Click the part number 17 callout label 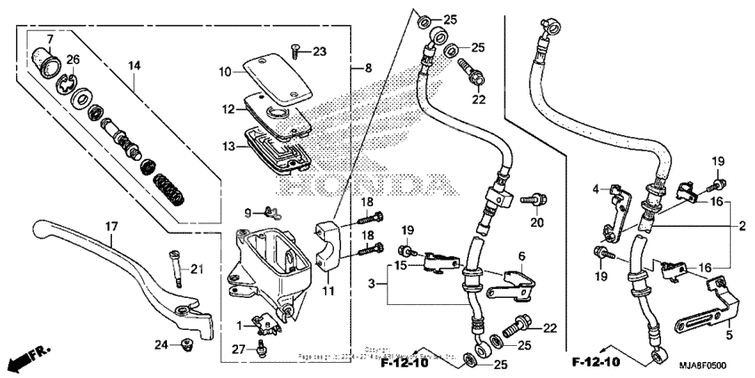click(x=111, y=227)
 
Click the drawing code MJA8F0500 click(x=716, y=364)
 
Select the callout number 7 click(x=51, y=39)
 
